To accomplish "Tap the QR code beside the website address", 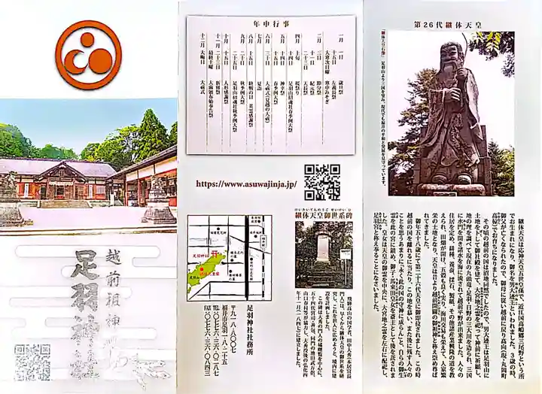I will point(321,181).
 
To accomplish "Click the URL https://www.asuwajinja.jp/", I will point(246,183).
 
